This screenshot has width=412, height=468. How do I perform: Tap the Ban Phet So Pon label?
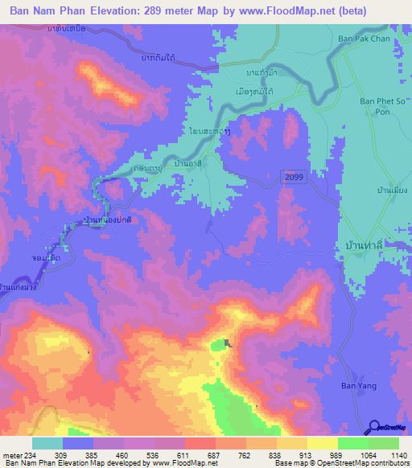tap(377, 106)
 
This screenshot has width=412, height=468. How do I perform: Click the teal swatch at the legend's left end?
tap(47, 443)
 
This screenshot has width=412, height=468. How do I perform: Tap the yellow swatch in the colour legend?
tap(323, 443)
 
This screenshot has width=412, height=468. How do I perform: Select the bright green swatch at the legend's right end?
tap(384, 443)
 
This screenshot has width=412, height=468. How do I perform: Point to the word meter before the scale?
tap(11, 455)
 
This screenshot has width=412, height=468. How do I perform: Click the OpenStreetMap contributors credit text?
tap(374, 462)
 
